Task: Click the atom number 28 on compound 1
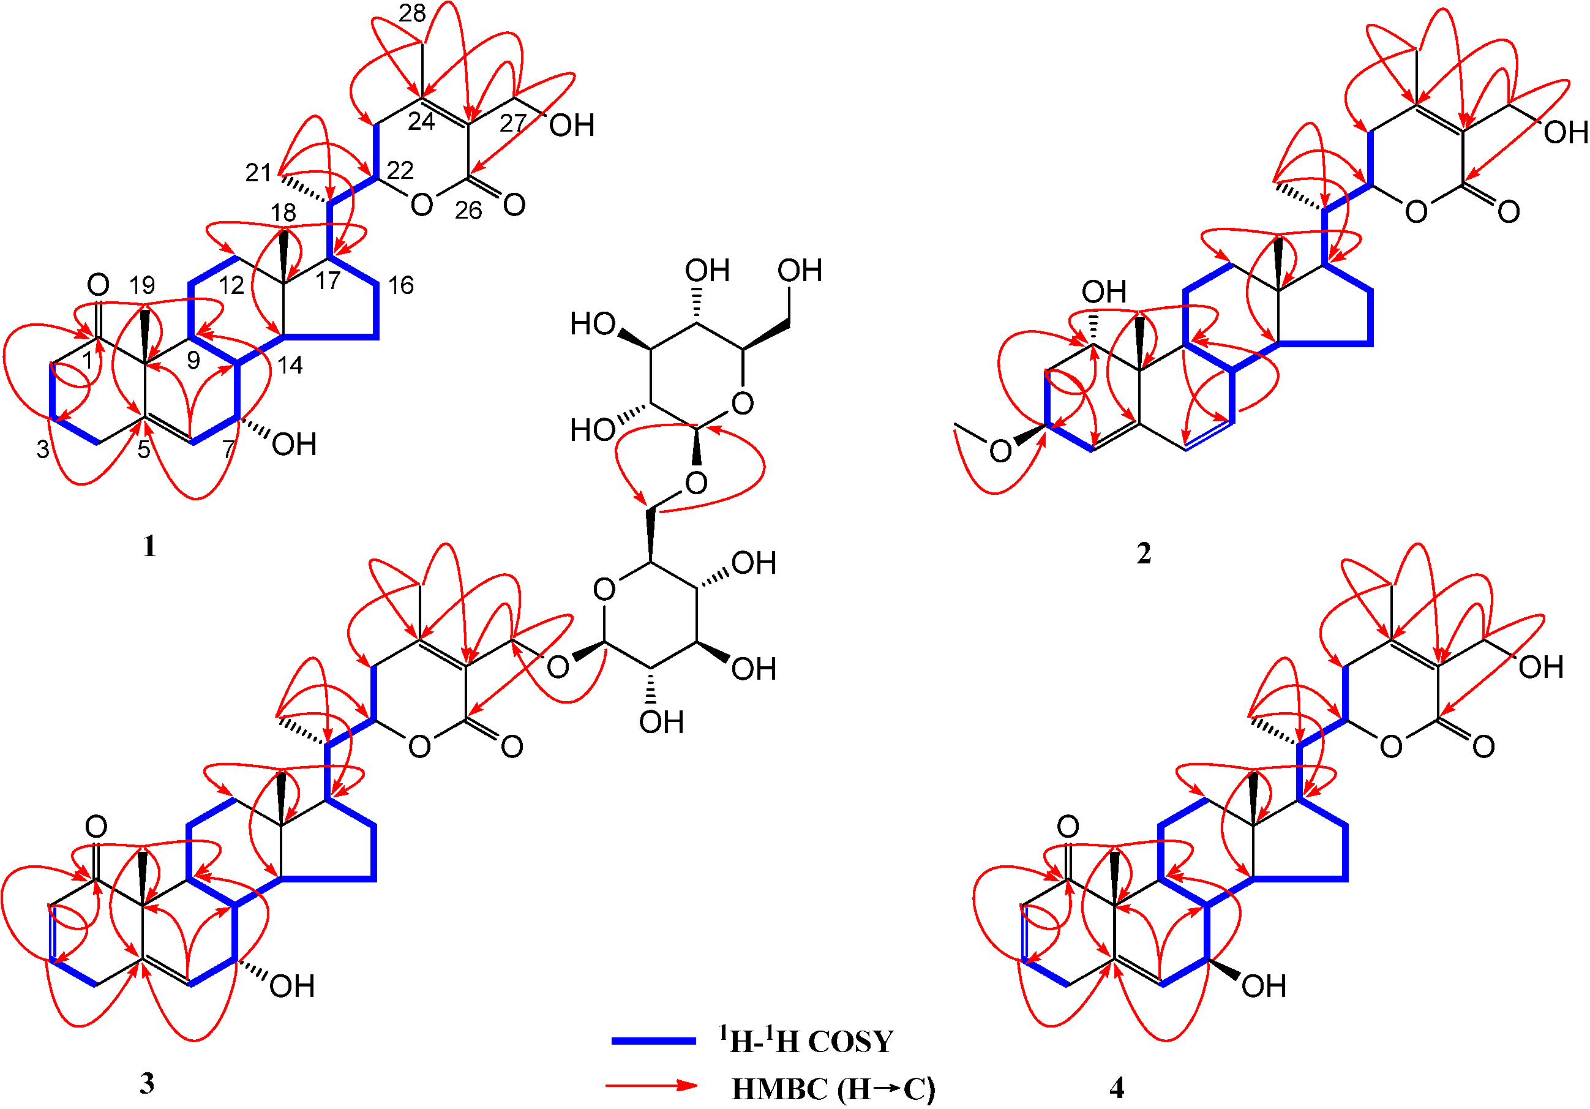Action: [412, 12]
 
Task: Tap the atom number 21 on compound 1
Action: [258, 173]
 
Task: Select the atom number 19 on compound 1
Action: [142, 285]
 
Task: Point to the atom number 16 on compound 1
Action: [400, 285]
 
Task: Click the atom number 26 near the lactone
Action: [468, 211]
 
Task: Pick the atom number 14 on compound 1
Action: [290, 365]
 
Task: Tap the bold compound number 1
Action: [149, 547]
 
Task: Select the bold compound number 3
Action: [147, 1084]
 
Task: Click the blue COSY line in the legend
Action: [653, 1040]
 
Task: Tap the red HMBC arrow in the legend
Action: [651, 1086]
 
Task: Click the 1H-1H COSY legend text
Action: [805, 1040]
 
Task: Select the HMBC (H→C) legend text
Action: [833, 1089]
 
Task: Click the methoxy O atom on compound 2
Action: [1000, 452]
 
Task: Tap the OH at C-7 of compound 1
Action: [294, 445]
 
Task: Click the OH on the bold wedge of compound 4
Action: [1264, 987]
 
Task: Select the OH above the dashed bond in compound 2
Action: [1104, 291]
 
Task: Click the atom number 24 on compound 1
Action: [421, 121]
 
